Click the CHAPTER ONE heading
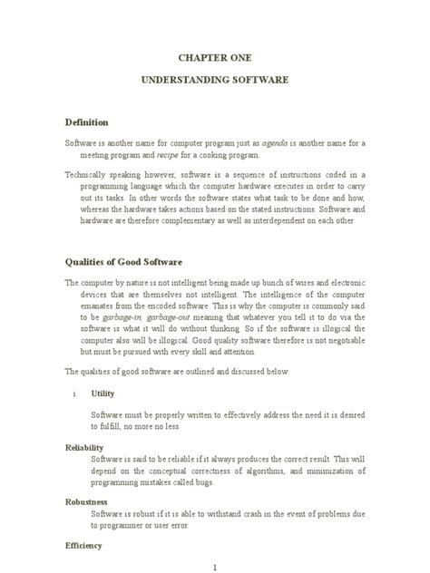coord(214,56)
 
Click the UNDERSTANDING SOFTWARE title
coord(214,80)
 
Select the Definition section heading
coord(87,122)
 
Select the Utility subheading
coord(102,394)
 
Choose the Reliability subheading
coord(84,448)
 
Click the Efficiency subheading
coord(83,546)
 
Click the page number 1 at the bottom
coord(214,567)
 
